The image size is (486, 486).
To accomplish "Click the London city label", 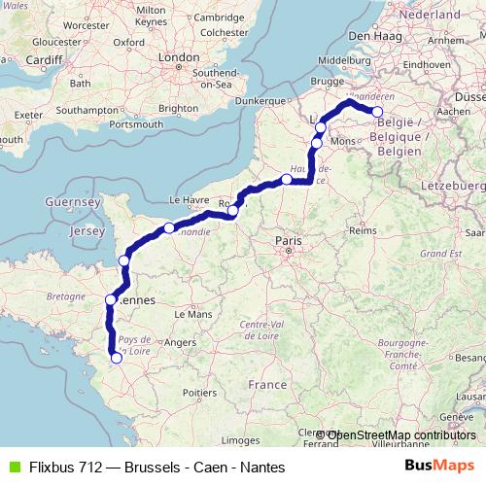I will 178,58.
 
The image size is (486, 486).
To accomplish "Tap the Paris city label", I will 289,239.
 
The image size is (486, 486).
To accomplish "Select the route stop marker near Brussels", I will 378,112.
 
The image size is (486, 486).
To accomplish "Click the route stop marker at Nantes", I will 117,358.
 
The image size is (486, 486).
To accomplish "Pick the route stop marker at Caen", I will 169,227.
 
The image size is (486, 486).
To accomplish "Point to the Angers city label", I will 180,341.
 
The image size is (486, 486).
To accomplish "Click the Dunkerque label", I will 263,100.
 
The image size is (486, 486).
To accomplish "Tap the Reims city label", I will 362,231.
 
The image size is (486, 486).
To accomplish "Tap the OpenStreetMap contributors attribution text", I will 400,434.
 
